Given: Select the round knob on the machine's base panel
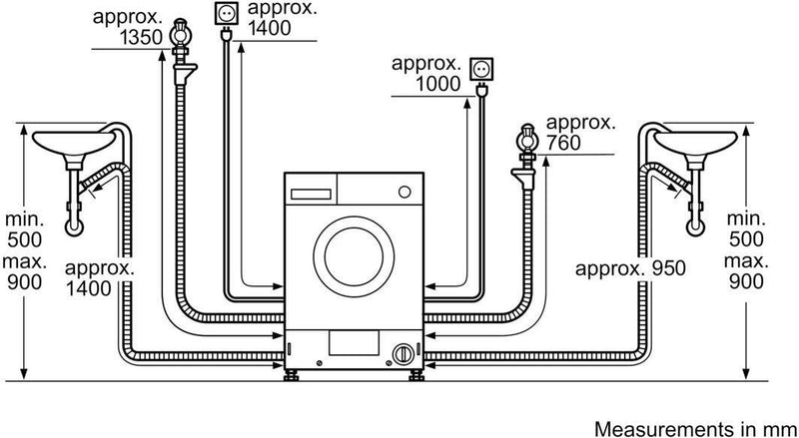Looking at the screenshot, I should (x=401, y=353).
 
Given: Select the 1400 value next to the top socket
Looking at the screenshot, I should (x=271, y=29).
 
